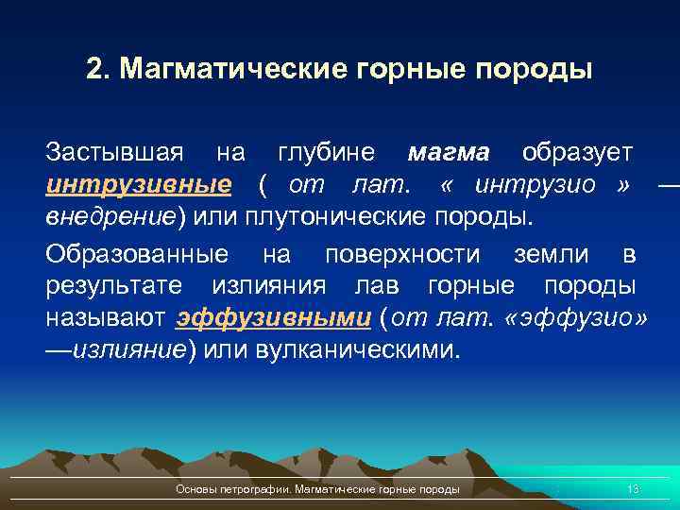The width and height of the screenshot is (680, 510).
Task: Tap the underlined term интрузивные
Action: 139,184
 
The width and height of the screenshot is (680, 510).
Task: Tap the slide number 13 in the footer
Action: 633,488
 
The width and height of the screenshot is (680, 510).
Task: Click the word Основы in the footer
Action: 195,488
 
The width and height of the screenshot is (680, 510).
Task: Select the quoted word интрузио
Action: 535,184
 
